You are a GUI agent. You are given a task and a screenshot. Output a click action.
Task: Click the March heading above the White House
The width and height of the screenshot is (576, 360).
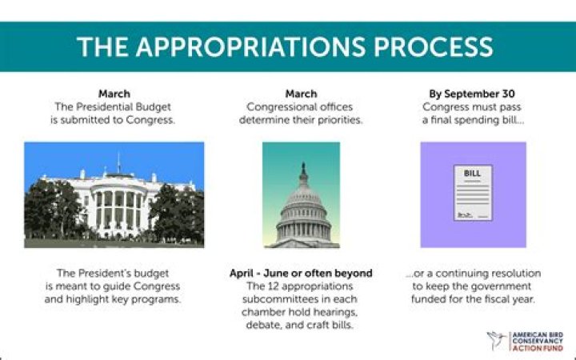point(114,94)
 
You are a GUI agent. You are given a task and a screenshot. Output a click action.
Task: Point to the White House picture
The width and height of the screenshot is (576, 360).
point(114,194)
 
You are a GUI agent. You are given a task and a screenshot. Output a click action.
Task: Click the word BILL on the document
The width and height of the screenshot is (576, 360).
point(473,173)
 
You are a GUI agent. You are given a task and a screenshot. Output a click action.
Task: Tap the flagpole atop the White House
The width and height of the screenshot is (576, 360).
point(118,162)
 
